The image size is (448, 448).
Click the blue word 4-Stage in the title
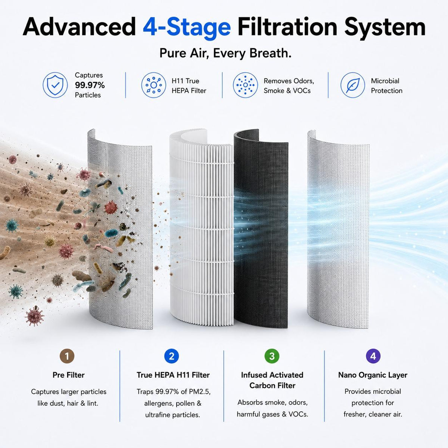[x=187, y=28]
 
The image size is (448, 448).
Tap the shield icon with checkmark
[x=55, y=85]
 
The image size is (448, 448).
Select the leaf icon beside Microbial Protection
[x=353, y=85]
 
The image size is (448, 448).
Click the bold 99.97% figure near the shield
[x=90, y=85]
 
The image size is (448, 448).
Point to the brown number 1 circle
[x=67, y=356]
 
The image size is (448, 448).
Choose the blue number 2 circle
[x=171, y=356]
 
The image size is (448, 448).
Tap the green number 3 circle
[x=272, y=356]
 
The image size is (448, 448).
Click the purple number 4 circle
[x=373, y=356]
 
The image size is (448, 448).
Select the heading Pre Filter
[x=68, y=375]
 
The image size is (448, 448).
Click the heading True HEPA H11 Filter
[x=173, y=375]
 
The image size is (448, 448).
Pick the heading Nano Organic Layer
[x=373, y=375]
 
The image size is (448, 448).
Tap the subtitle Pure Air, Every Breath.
[x=225, y=53]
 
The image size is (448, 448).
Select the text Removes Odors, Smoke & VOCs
[x=289, y=86]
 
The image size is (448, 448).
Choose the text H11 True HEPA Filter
[x=189, y=86]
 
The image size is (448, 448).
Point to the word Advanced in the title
[x=79, y=28]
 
